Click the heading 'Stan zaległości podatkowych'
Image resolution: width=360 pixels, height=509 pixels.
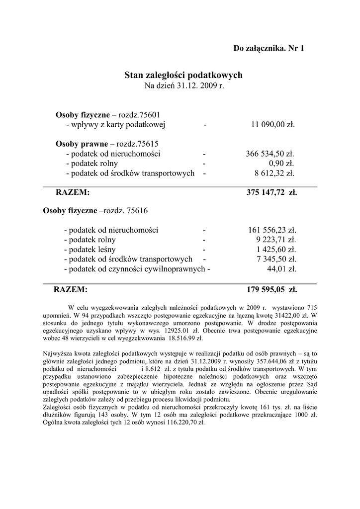tap(183, 75)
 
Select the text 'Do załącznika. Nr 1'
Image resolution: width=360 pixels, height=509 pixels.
tap(269, 48)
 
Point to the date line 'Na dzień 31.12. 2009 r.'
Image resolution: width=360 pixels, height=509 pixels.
tap(183, 85)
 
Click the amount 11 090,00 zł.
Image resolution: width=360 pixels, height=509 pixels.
tap(272, 124)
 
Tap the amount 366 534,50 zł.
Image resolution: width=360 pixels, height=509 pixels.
tap(270, 154)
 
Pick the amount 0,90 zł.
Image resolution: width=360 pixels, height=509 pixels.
tap(281, 164)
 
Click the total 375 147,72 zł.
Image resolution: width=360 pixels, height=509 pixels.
tap(271, 192)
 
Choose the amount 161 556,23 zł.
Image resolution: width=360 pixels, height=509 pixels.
tap(272, 230)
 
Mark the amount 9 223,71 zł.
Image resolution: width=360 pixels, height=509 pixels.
tap(275, 240)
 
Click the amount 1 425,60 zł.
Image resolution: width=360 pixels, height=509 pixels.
tap(276, 250)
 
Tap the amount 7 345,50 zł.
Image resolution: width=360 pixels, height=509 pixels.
tap(276, 259)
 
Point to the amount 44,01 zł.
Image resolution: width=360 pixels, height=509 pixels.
tap(282, 269)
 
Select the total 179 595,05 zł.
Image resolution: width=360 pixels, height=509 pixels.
tap(272, 289)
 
